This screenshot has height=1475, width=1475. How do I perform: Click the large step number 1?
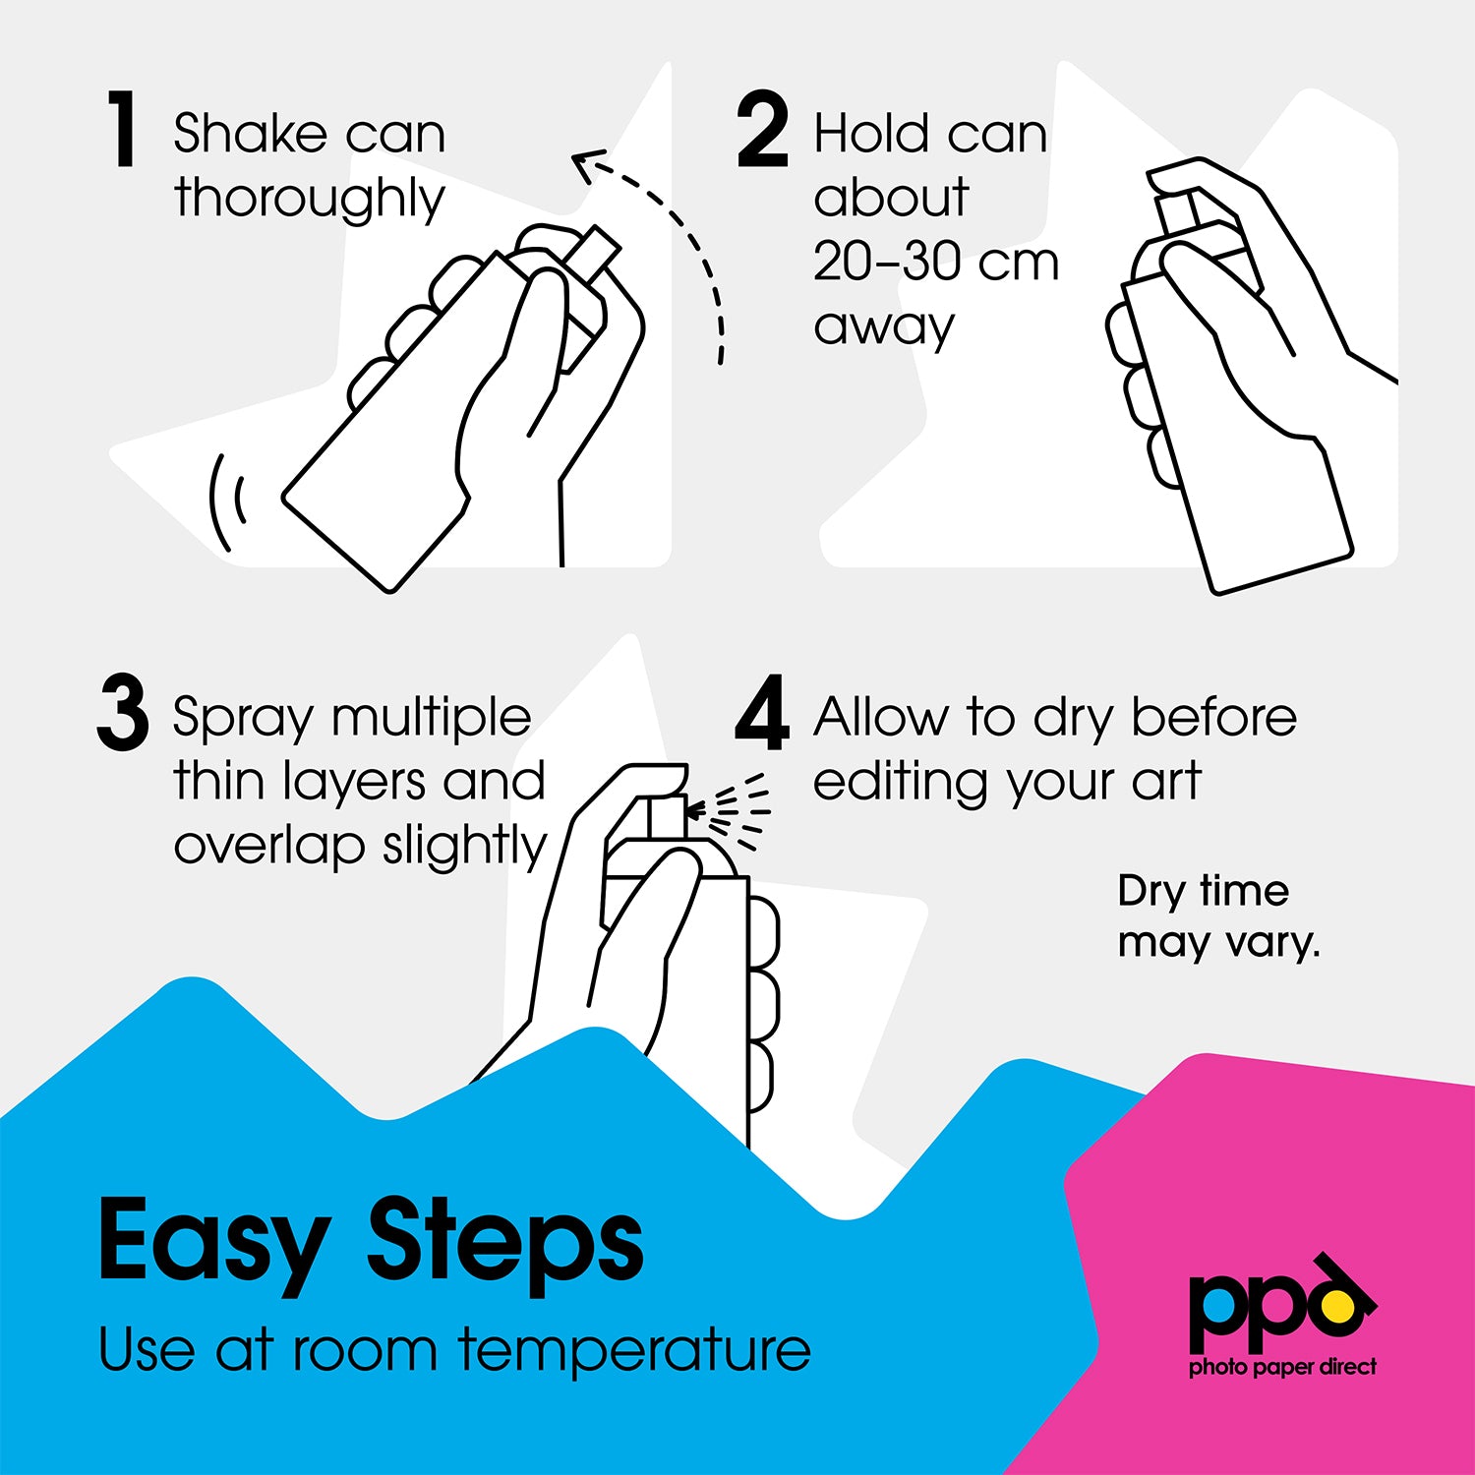click(x=122, y=129)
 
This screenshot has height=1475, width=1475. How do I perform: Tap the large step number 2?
click(x=762, y=129)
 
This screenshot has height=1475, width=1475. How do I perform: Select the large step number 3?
click(x=123, y=712)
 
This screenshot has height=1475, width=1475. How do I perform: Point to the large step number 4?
click(x=762, y=712)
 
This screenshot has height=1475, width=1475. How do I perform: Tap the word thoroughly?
click(x=310, y=199)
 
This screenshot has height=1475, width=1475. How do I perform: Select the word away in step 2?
click(x=884, y=327)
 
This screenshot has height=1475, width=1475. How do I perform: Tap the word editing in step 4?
click(x=900, y=784)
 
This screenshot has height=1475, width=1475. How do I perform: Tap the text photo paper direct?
click(x=1283, y=1368)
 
